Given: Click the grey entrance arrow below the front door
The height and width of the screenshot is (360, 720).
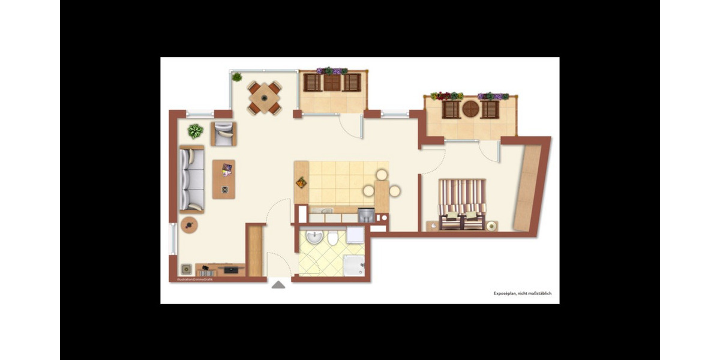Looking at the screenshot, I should pyautogui.click(x=278, y=284).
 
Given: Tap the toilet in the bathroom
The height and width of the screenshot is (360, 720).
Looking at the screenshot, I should pyautogui.click(x=333, y=239).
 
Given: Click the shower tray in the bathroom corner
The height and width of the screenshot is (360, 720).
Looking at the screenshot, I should pyautogui.click(x=353, y=265).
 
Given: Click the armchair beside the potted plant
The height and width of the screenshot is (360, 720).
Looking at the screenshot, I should pyautogui.click(x=224, y=134).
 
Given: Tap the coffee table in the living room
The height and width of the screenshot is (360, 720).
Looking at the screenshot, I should pyautogui.click(x=224, y=179).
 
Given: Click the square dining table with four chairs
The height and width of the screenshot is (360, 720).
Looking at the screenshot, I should pyautogui.click(x=265, y=98).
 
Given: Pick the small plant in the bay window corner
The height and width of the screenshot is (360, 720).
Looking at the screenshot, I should pyautogui.click(x=237, y=77).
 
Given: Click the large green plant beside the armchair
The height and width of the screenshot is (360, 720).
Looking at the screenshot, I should pyautogui.click(x=195, y=130).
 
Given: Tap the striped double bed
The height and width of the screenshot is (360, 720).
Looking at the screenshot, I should pyautogui.click(x=461, y=204).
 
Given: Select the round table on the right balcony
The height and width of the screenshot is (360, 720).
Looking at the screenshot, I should pyautogui.click(x=471, y=109).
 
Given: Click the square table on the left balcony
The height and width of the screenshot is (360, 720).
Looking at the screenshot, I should pyautogui.click(x=332, y=82).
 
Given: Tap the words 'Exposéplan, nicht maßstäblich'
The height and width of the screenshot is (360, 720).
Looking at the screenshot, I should pyautogui.click(x=522, y=293).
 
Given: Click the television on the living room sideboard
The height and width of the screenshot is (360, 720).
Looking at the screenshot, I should pyautogui.click(x=231, y=270).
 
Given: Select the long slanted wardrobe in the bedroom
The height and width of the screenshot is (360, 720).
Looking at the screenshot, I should pyautogui.click(x=528, y=187).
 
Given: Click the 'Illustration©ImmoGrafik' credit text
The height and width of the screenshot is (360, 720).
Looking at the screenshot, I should pyautogui.click(x=191, y=280).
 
